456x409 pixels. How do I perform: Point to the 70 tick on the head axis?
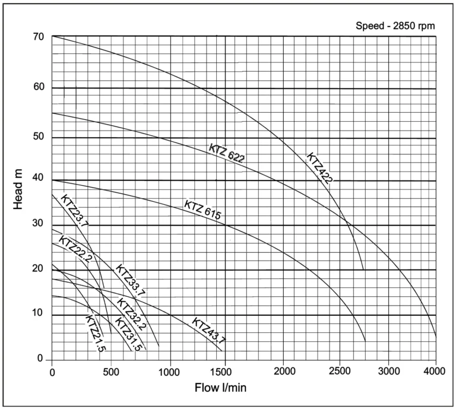tap(39, 37)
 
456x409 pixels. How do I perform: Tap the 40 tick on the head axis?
tap(39, 179)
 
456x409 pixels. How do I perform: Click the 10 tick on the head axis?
tap(39, 313)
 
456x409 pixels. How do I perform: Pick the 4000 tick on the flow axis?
tap(435, 372)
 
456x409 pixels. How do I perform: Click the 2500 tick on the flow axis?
tap(339, 372)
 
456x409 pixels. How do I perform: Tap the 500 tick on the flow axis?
tap(110, 372)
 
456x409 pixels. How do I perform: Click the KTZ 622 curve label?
tap(227, 153)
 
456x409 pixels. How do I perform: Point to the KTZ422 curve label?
tap(318, 169)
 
